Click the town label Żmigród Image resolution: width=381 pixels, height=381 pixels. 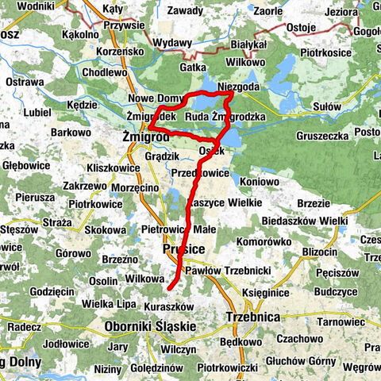click(147, 137)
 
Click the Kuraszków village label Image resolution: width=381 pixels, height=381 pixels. click(171, 306)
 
